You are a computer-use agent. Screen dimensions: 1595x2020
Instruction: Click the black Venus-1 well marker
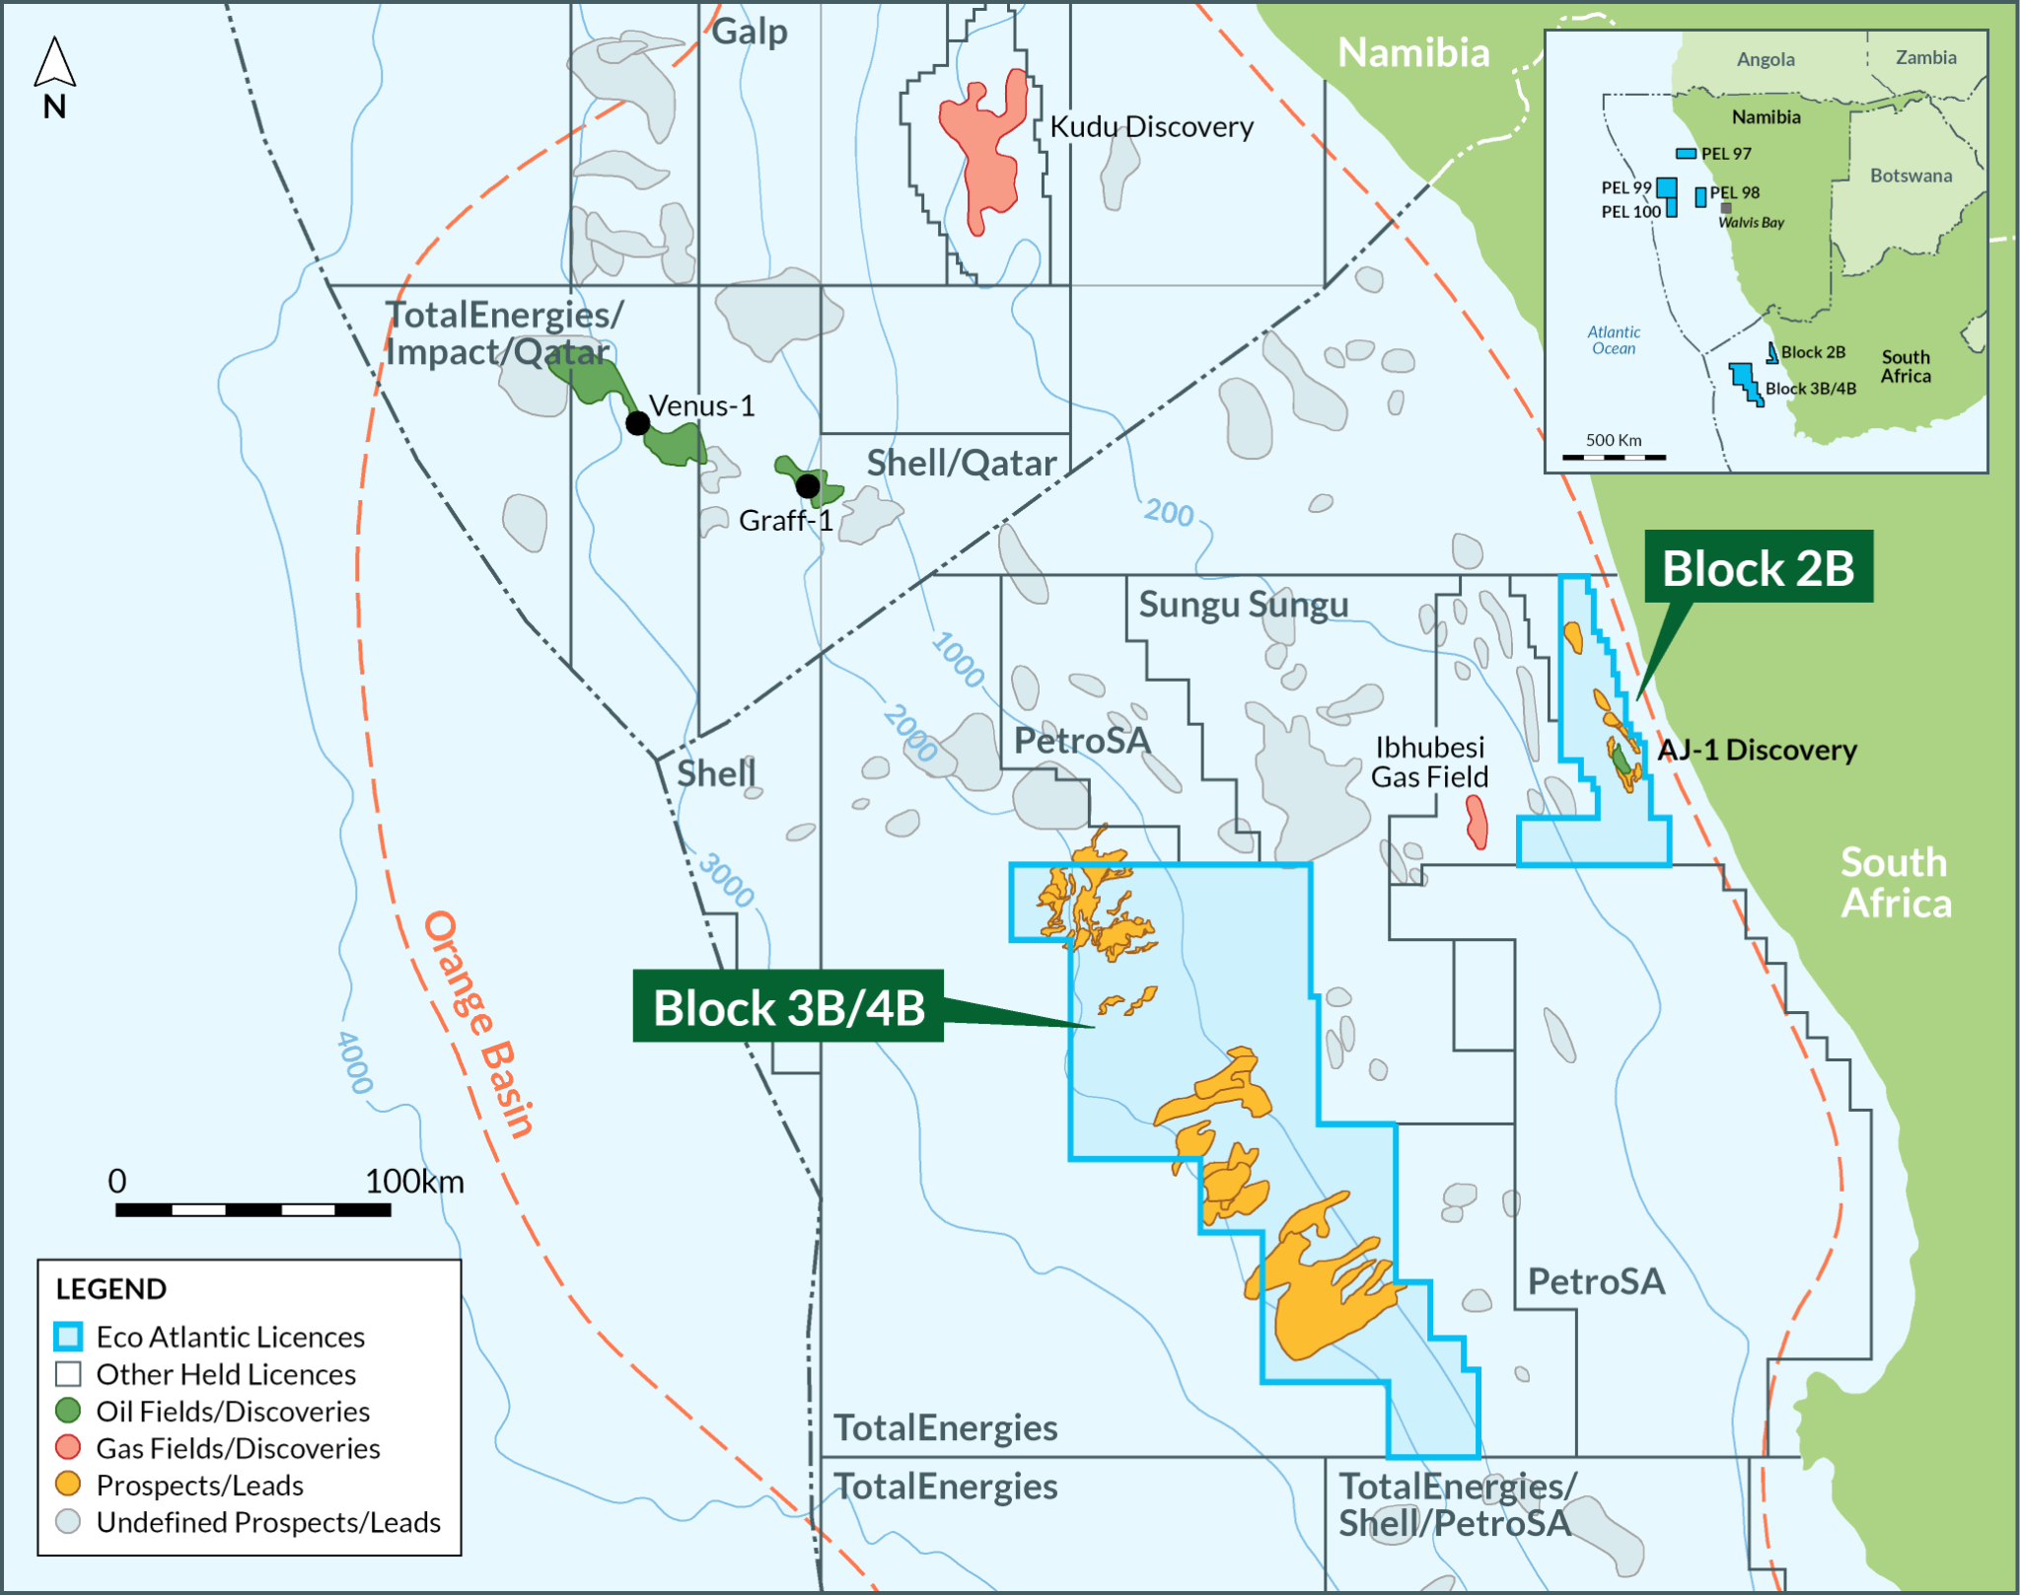click(638, 423)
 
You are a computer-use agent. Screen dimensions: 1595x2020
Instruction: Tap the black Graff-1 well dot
click(808, 485)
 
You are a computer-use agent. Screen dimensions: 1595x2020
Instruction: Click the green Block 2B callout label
click(1758, 568)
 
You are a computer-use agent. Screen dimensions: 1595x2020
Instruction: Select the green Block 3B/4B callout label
click(788, 1007)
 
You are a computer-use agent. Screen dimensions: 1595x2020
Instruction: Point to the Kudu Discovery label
click(1151, 127)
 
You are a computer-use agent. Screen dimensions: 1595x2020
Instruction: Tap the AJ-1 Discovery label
click(1757, 750)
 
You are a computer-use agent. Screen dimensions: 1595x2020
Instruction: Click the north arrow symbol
click(55, 63)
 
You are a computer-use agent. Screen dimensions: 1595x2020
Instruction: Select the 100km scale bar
click(253, 1209)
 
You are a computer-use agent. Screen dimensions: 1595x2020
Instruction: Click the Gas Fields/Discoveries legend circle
click(68, 1448)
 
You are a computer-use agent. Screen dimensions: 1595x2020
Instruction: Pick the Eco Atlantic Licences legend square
click(68, 1337)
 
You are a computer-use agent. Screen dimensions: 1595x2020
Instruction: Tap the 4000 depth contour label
click(354, 1062)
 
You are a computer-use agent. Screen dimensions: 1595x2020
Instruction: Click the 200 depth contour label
click(1169, 513)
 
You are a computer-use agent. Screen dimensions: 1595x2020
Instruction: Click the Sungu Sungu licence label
click(1243, 604)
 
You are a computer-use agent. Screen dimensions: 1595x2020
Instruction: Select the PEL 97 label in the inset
click(1726, 154)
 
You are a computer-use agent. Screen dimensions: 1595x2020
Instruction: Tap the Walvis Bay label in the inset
click(1751, 223)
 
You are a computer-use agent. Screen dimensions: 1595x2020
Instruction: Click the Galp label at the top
click(750, 32)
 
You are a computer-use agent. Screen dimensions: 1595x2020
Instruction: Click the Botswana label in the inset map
click(1911, 176)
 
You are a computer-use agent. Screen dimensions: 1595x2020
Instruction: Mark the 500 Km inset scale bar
click(1614, 458)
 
